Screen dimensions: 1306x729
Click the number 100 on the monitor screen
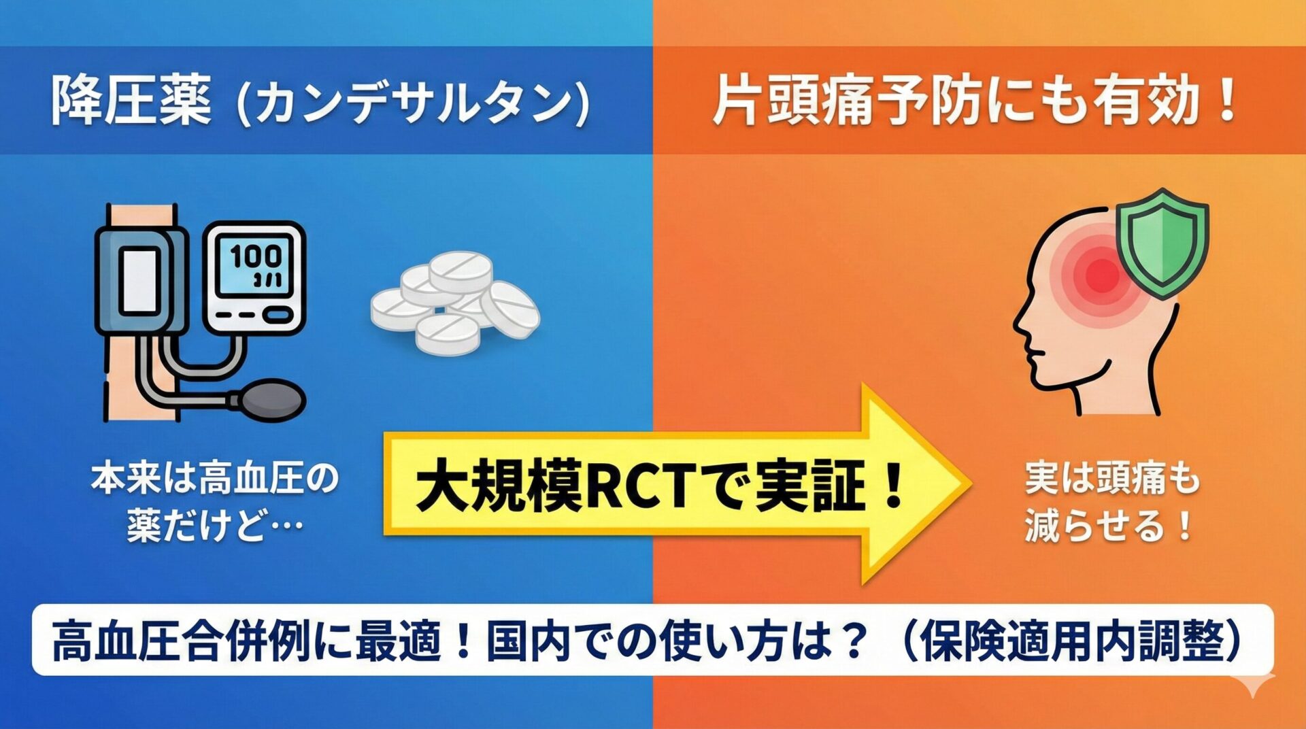(255, 256)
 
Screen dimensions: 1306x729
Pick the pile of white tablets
(454, 303)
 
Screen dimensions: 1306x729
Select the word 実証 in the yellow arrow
(810, 486)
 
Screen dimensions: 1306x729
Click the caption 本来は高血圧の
(215, 479)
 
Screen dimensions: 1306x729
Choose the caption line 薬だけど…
(215, 526)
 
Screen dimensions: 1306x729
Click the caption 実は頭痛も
(1112, 479)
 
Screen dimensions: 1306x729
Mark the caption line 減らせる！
(1109, 526)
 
